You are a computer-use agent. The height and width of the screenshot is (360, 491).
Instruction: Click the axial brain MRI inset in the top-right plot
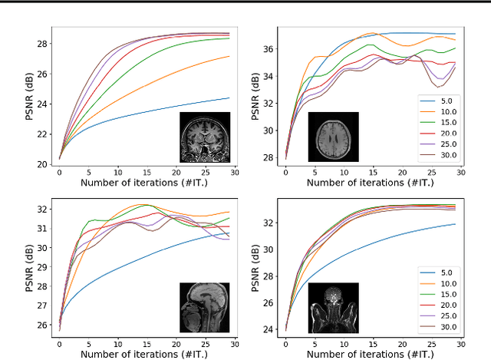coord(333,137)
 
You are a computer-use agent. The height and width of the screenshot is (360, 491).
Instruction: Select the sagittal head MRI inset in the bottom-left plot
coord(205,307)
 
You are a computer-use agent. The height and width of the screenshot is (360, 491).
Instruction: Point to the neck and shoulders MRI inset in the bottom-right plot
coord(333,308)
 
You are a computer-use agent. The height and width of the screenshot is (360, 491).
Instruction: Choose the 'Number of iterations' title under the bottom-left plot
coord(146,355)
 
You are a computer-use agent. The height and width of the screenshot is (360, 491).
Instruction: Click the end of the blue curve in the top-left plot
coord(229,97)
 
